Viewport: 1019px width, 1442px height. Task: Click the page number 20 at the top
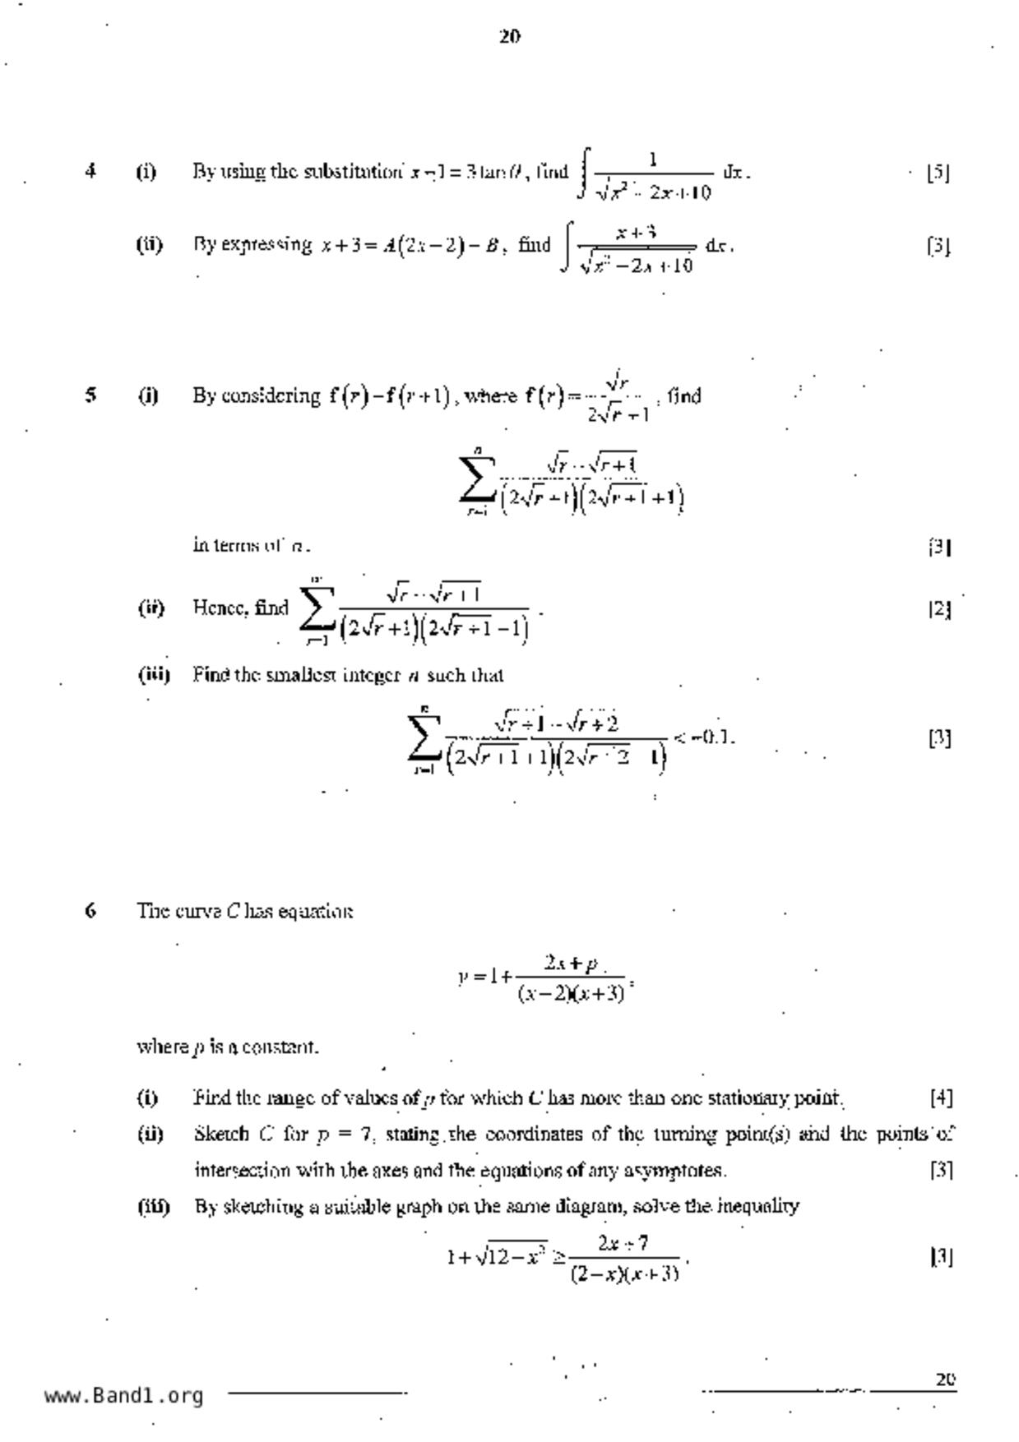coord(509,36)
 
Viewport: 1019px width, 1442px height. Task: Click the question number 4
coord(90,171)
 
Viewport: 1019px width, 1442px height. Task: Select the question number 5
coord(90,395)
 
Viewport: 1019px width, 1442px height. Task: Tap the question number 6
coord(90,910)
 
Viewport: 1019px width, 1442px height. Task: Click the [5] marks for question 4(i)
coord(938,173)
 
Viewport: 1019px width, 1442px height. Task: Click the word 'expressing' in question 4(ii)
coord(276,245)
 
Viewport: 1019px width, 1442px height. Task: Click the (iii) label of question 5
coord(154,675)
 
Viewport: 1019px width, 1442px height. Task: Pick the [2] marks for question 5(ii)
coord(939,608)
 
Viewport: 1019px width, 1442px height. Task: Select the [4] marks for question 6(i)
coord(941,1098)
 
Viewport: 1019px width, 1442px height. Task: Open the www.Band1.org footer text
coord(124,1396)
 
